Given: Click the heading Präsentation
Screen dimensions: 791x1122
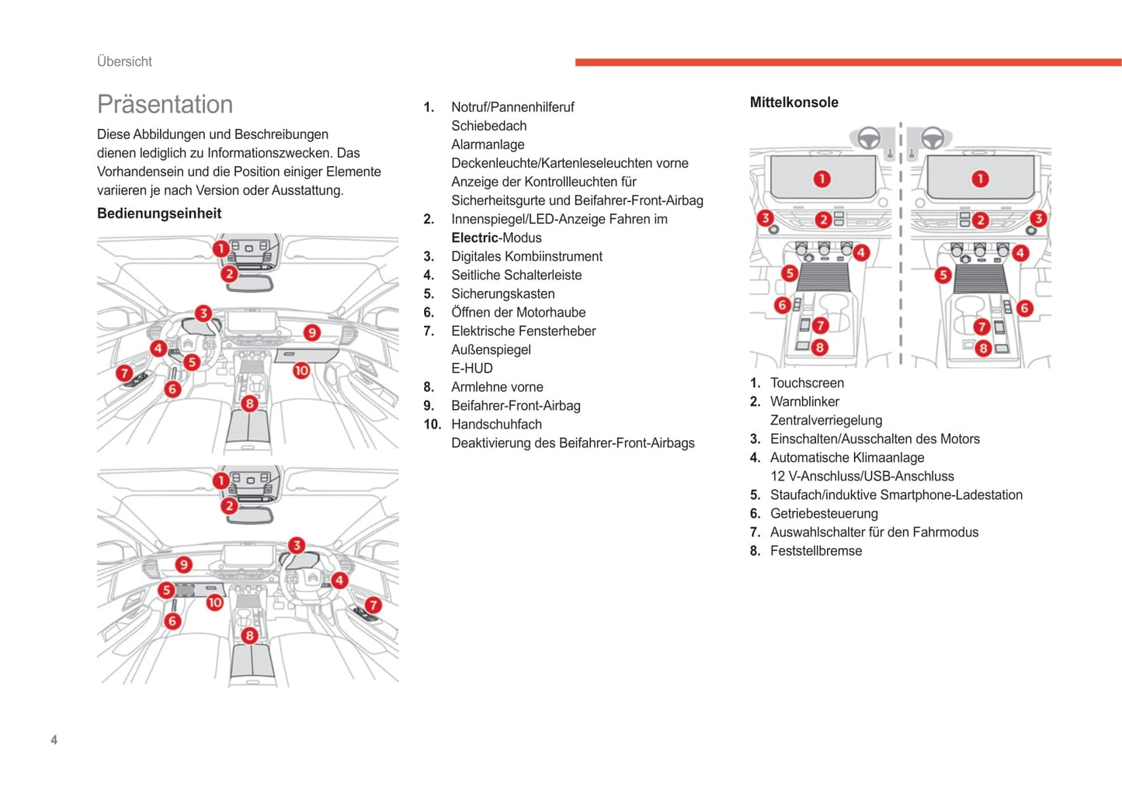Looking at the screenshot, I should (165, 105).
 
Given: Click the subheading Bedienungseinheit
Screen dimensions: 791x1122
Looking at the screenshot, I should (159, 213).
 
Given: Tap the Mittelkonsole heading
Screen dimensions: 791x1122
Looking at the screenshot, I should (794, 102).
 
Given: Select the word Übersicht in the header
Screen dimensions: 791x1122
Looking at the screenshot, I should (124, 62).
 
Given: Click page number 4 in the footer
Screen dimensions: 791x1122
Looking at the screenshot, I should (54, 740).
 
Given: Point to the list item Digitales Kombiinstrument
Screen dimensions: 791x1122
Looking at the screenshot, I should (526, 256).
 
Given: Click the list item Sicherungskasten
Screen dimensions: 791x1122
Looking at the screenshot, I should (502, 293).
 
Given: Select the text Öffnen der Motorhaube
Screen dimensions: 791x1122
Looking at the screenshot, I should (518, 312).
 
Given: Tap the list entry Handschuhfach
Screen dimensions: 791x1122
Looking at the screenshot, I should (496, 424).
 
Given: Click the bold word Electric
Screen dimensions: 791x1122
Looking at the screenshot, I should (474, 238).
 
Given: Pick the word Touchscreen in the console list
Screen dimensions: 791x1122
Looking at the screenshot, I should (807, 383).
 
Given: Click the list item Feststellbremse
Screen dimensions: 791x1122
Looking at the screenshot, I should (815, 550).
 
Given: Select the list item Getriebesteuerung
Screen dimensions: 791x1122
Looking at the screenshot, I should (824, 513).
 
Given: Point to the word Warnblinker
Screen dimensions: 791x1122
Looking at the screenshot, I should (804, 401).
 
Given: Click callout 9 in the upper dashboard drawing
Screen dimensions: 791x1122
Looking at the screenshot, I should (311, 332).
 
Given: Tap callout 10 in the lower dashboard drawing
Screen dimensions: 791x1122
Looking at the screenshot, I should (214, 602).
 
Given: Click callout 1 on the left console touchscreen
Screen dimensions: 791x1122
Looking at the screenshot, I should (822, 179).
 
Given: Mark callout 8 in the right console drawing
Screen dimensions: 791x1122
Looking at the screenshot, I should (983, 349).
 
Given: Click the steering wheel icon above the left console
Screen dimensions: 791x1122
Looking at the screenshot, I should (868, 138).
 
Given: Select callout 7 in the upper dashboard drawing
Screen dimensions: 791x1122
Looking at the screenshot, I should (124, 373).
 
